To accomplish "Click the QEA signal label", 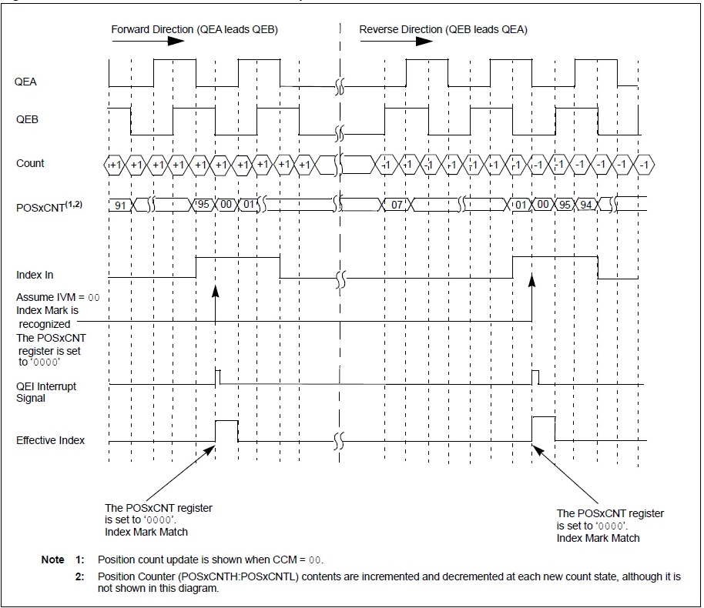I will (x=25, y=80).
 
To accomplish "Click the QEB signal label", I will (x=27, y=119).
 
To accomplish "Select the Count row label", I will (x=30, y=163).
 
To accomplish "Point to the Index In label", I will (x=35, y=275).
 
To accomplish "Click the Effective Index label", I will (x=51, y=440).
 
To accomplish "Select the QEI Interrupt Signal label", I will (x=46, y=392).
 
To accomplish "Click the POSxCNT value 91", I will (x=121, y=205).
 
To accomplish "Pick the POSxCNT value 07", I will (x=397, y=205).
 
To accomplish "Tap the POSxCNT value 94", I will (x=587, y=205).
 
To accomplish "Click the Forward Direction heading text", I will (x=194, y=29).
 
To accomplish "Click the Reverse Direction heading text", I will (x=443, y=29).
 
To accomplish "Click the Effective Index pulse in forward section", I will (x=226, y=431).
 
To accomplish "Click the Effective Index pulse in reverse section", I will (x=544, y=428).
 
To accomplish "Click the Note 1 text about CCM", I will (x=208, y=560).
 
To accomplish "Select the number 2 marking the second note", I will (x=79, y=576).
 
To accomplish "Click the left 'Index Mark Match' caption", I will (x=146, y=532).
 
